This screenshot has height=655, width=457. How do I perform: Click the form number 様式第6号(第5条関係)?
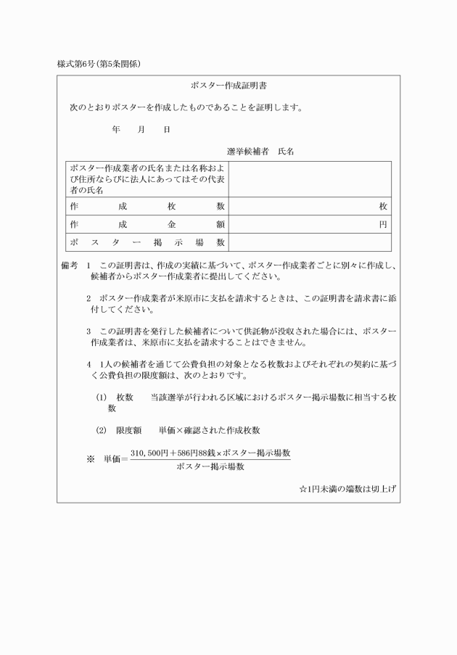[x=99, y=64]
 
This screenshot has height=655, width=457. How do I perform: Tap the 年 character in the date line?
[x=116, y=130]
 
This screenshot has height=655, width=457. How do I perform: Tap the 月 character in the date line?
[x=141, y=130]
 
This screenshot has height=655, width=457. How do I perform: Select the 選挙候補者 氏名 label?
[x=260, y=152]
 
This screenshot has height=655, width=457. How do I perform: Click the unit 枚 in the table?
[x=383, y=206]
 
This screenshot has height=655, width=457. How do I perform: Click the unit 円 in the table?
[x=383, y=225]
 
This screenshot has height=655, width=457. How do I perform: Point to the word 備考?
[x=69, y=266]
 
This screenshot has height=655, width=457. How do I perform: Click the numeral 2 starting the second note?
[x=88, y=298]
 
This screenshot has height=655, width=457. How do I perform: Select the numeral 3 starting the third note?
[x=88, y=331]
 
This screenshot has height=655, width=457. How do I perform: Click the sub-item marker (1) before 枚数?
[x=102, y=397]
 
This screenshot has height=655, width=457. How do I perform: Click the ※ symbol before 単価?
[x=91, y=459]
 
